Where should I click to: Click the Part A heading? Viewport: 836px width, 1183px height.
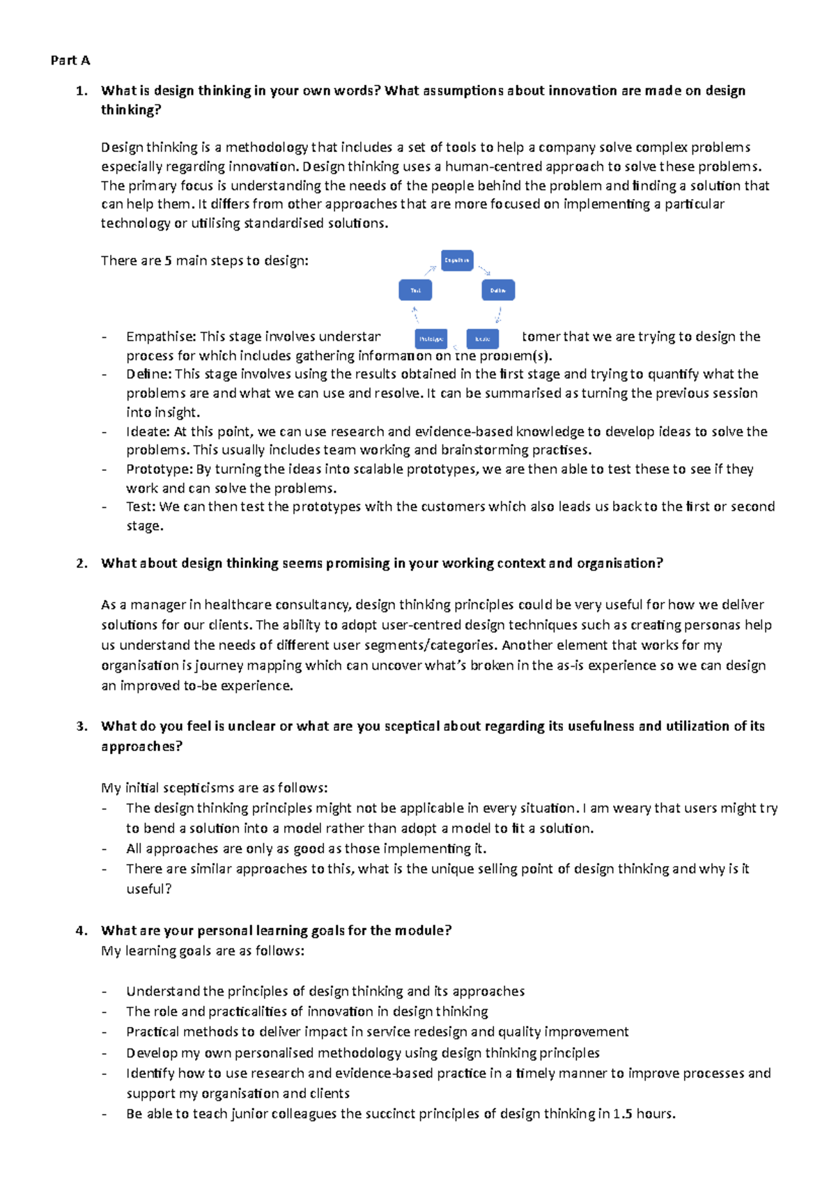click(x=70, y=61)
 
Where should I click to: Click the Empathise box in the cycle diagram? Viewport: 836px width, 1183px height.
click(x=457, y=261)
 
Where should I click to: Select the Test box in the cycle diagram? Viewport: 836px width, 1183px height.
click(x=415, y=290)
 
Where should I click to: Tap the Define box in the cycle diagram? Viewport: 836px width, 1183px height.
click(x=498, y=290)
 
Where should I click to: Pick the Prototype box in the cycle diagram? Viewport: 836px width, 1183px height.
click(x=431, y=339)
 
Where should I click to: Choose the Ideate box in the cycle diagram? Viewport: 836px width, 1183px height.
click(x=483, y=339)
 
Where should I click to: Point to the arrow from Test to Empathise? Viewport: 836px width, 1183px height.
click(x=430, y=270)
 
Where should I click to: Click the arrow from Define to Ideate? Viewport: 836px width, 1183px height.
click(x=498, y=315)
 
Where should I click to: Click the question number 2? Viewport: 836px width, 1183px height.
click(x=82, y=564)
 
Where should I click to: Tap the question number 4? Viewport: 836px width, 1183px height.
click(x=82, y=931)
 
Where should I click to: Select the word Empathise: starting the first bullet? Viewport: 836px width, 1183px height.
click(x=161, y=337)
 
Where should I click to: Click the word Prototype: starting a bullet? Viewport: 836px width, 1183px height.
click(x=160, y=470)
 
